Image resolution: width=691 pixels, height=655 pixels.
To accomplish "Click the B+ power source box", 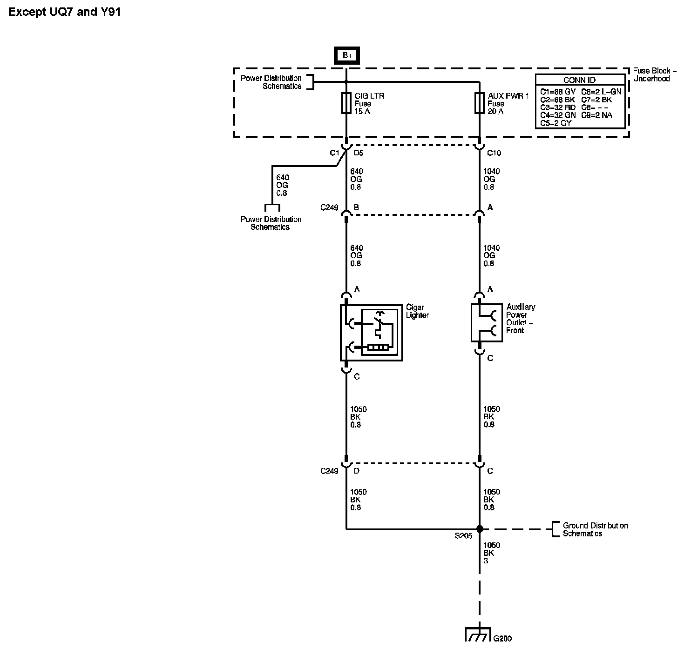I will coord(347,55).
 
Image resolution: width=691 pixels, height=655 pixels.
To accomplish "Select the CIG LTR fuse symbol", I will coord(346,103).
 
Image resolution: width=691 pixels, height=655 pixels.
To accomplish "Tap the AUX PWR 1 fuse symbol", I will coord(479,103).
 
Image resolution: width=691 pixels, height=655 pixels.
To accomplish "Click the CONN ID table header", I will coord(580,80).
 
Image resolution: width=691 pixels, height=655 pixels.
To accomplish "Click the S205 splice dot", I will coord(480,528).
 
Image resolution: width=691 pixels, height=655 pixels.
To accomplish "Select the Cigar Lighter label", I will coord(417,311).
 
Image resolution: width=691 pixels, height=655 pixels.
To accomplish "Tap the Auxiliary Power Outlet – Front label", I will coord(521,319).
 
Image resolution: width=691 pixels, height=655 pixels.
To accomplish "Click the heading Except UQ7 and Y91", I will coord(65,13).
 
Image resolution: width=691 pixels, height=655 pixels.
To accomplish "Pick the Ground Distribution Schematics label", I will coord(595,529).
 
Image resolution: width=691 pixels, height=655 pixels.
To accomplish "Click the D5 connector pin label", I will coord(359,153).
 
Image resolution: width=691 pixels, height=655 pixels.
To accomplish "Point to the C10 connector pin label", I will coord(494,153).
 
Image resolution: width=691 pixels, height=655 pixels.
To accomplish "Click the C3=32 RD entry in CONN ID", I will coord(557,107).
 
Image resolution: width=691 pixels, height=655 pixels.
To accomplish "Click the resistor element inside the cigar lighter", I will coord(378,347).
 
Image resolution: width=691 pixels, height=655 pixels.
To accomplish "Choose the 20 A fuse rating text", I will coord(495,112).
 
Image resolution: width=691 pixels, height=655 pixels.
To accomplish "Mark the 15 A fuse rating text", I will coord(362,112).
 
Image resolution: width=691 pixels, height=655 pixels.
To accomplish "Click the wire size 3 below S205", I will coord(486,561).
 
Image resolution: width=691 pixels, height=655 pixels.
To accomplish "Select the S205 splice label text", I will coord(463,536).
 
